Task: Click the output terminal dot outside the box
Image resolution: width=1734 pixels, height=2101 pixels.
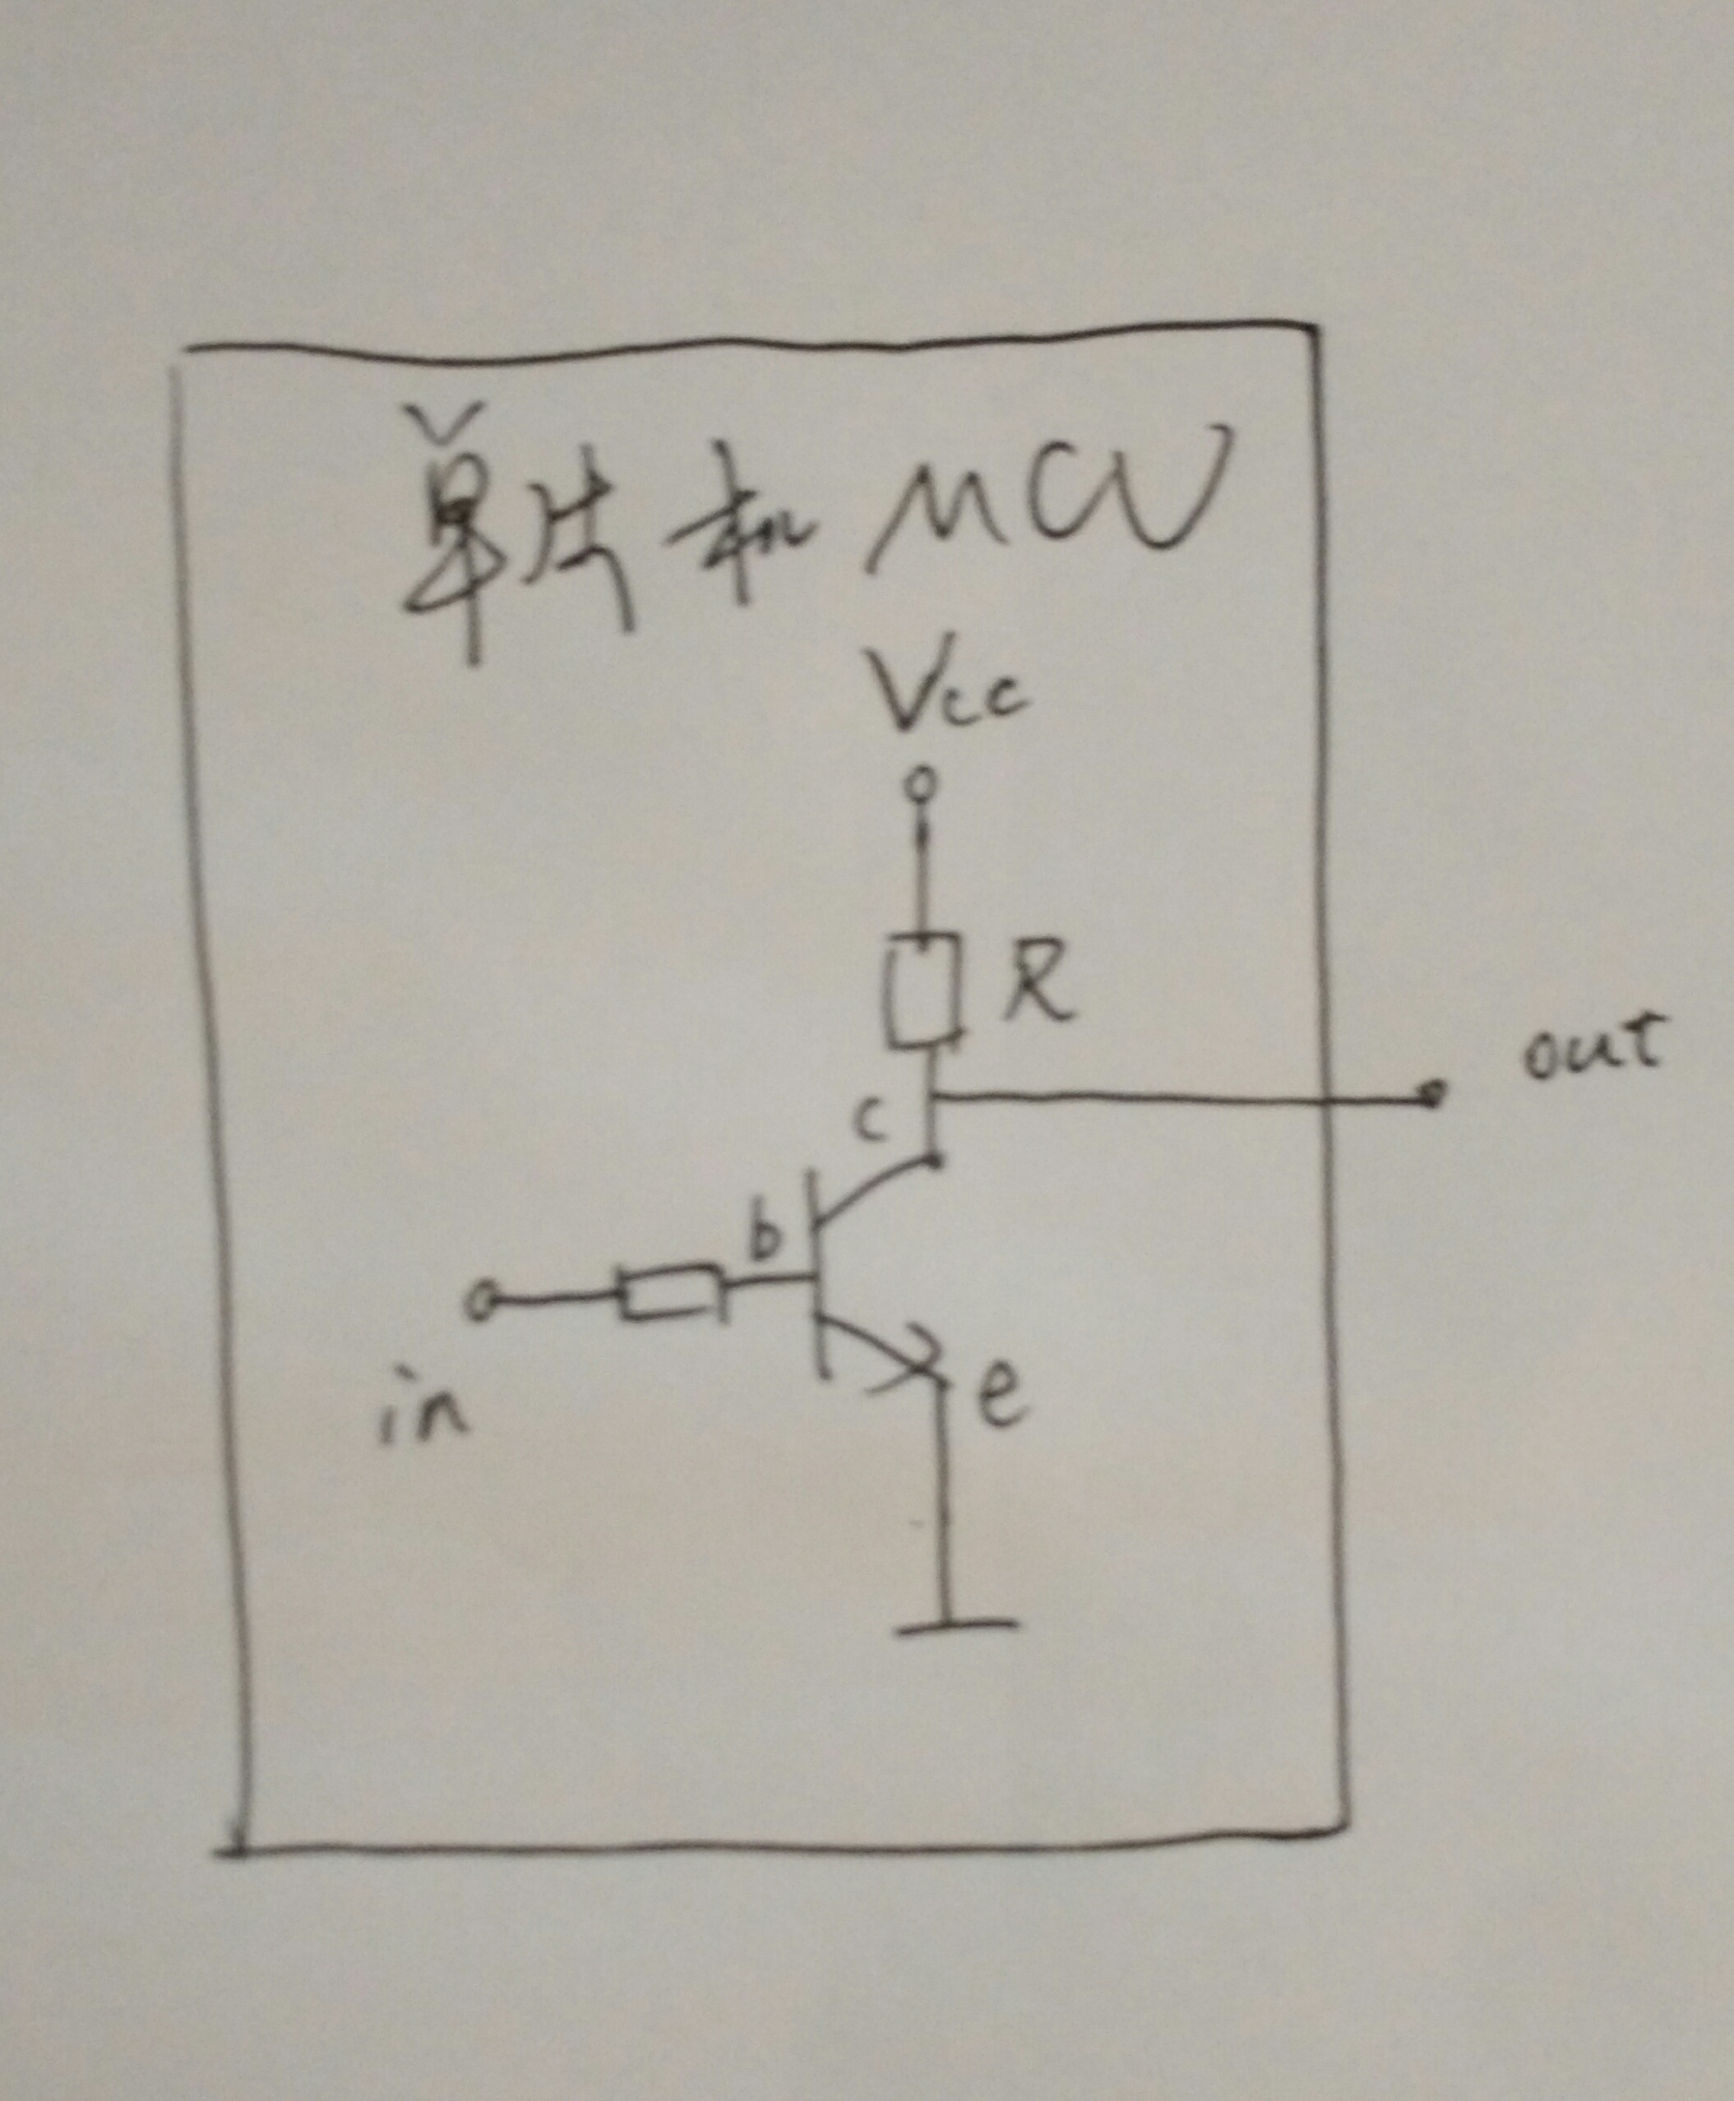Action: [1435, 1097]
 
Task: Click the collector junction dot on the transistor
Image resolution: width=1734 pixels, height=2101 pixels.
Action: [934, 1161]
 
